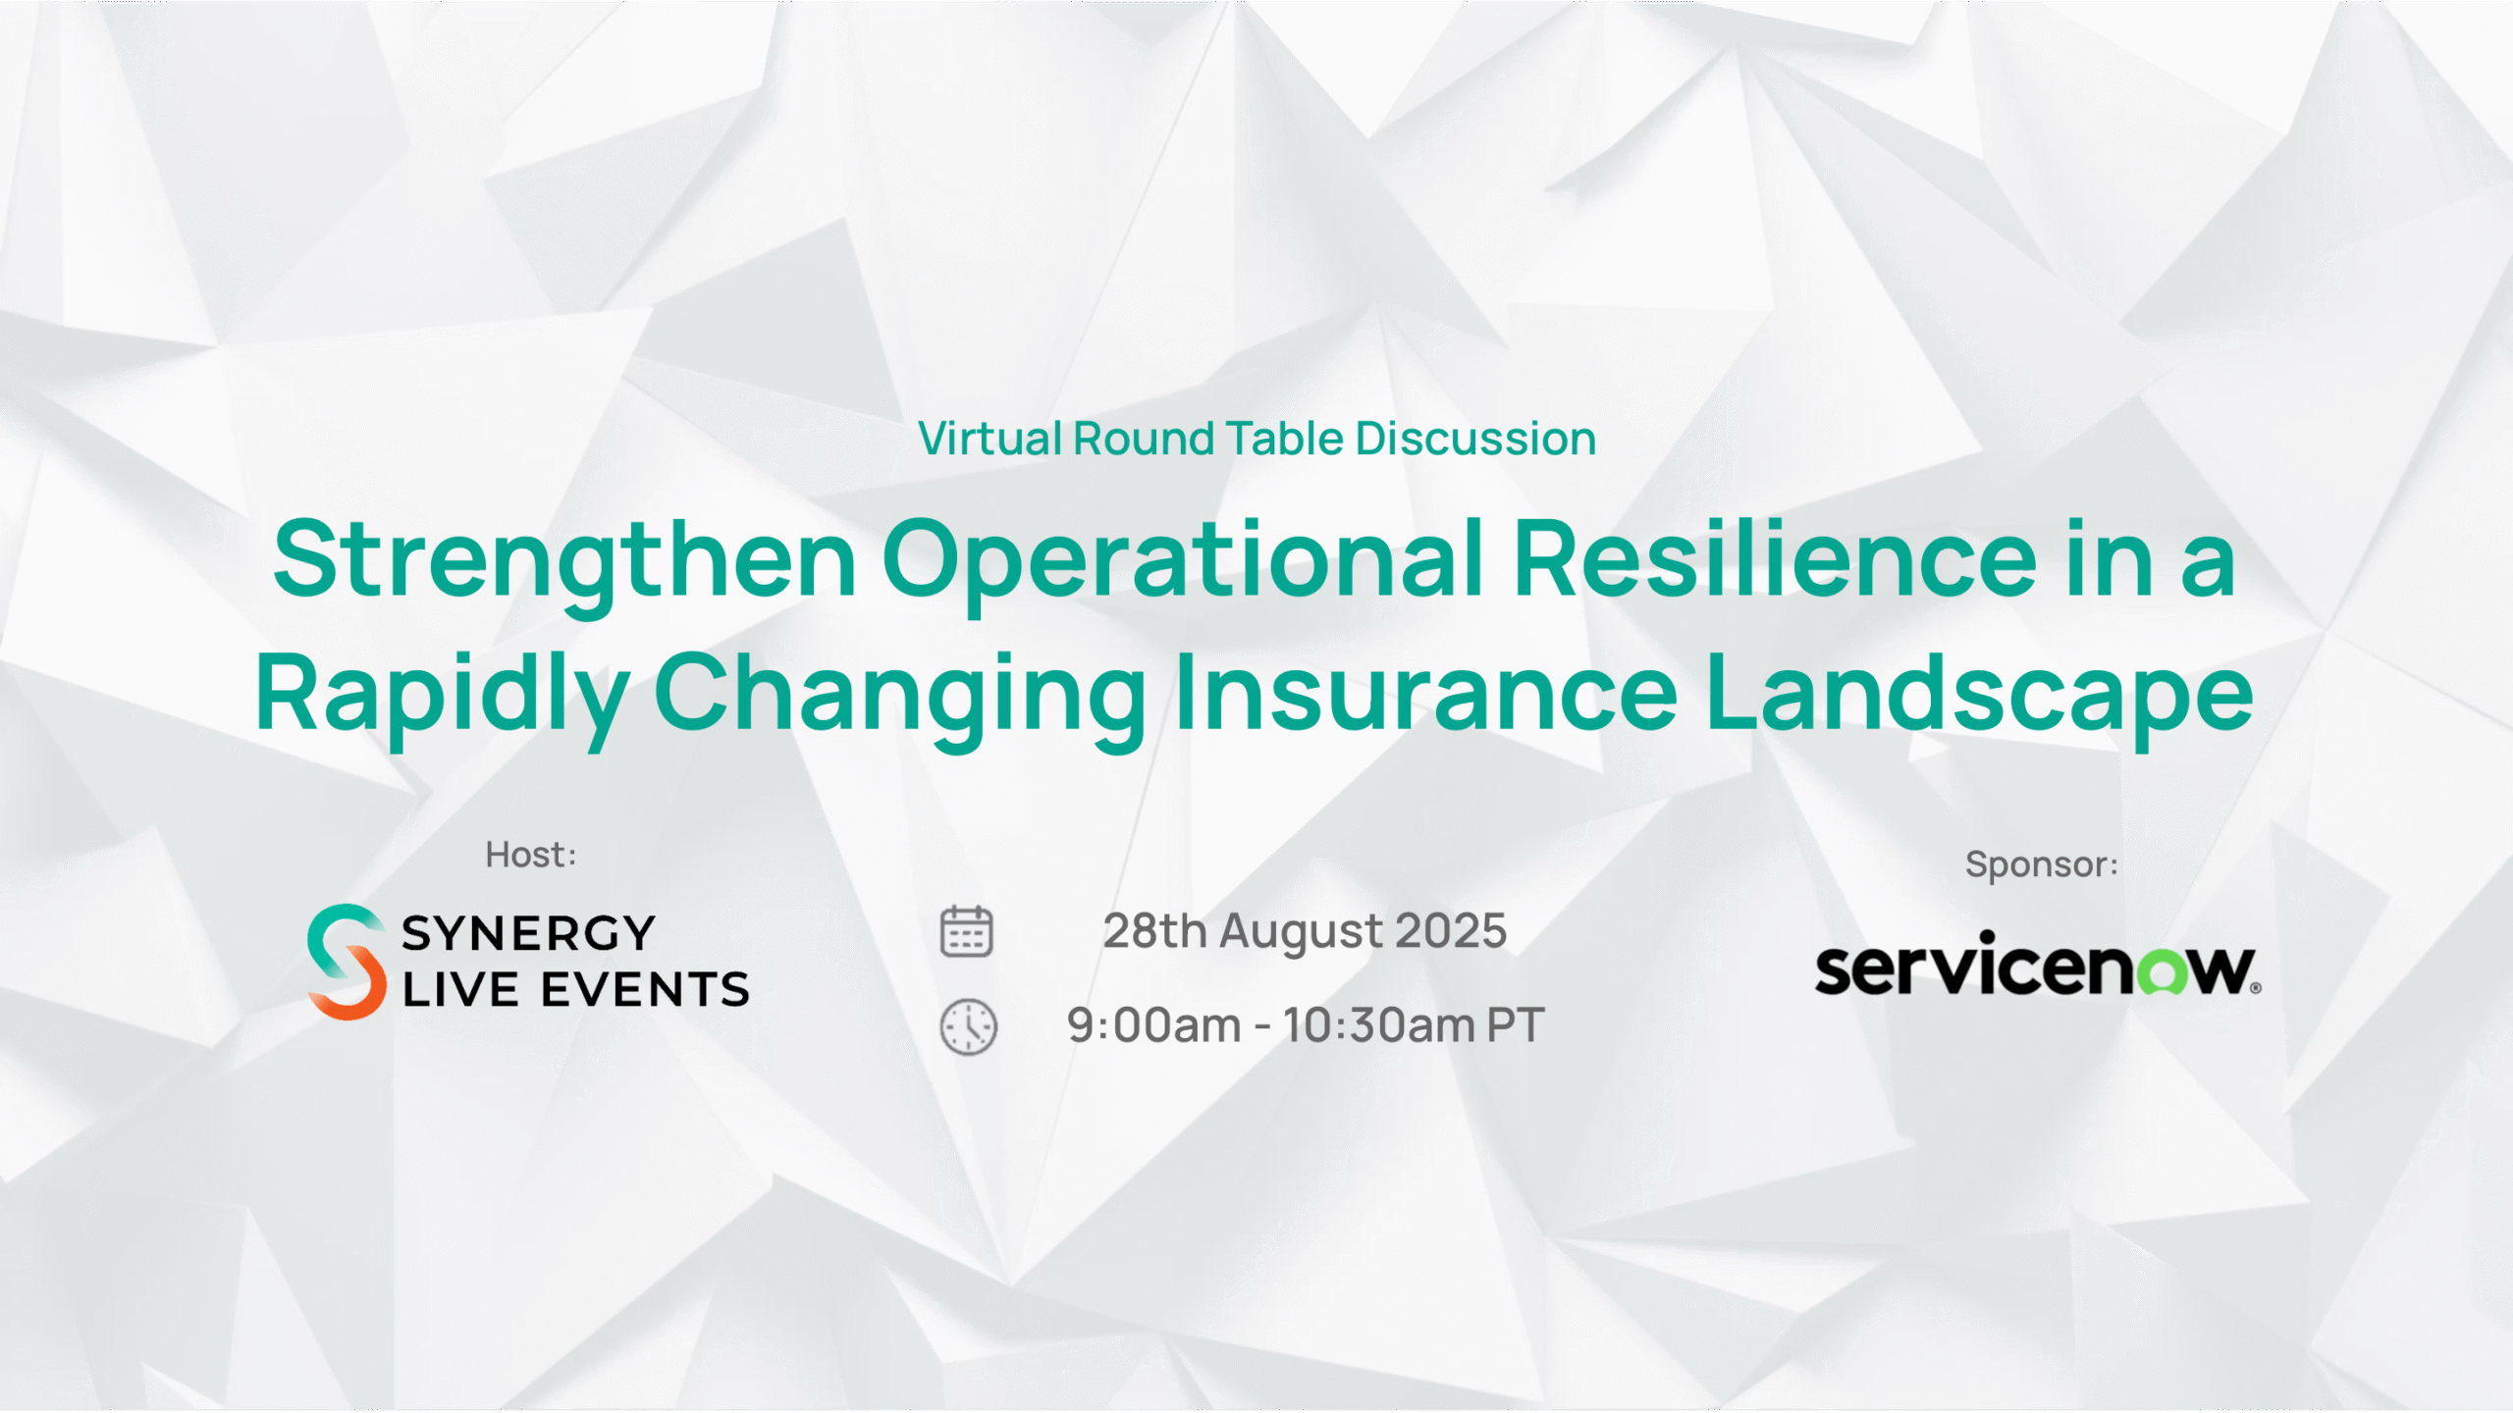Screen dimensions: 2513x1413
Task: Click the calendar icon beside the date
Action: [x=967, y=930]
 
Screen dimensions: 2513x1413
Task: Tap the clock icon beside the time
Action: [x=969, y=1027]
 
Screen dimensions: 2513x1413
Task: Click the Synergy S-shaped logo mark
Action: [x=347, y=962]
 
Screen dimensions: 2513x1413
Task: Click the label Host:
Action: [x=531, y=855]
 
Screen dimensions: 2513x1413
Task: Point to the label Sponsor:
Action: [x=2042, y=864]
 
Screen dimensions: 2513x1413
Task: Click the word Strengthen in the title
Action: [x=564, y=561]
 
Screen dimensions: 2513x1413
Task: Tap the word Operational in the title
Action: [x=1182, y=561]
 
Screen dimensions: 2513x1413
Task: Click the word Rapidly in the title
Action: [x=442, y=695]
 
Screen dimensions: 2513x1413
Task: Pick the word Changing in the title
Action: [x=900, y=695]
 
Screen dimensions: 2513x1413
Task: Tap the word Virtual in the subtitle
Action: [x=989, y=439]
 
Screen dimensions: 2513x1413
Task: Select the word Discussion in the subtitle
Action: [x=1475, y=439]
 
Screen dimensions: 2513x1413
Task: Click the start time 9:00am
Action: [x=1154, y=1026]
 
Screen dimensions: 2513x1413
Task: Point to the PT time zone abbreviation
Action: [x=1515, y=1026]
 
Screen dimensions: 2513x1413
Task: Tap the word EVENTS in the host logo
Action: [x=645, y=990]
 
